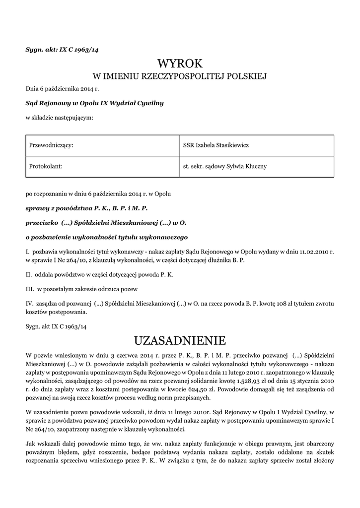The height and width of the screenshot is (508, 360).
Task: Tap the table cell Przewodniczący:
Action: pos(102,145)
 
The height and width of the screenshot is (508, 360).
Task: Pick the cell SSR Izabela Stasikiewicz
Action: pos(257,145)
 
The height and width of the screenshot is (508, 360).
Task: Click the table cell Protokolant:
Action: pos(102,166)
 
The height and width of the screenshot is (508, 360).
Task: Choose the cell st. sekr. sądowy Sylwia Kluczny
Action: pos(257,166)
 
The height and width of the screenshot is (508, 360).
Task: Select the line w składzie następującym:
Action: pos(59,118)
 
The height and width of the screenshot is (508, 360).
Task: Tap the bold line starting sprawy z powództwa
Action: pos(87,209)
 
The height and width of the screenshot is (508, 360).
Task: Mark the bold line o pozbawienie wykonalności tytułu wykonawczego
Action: pos(106,237)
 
